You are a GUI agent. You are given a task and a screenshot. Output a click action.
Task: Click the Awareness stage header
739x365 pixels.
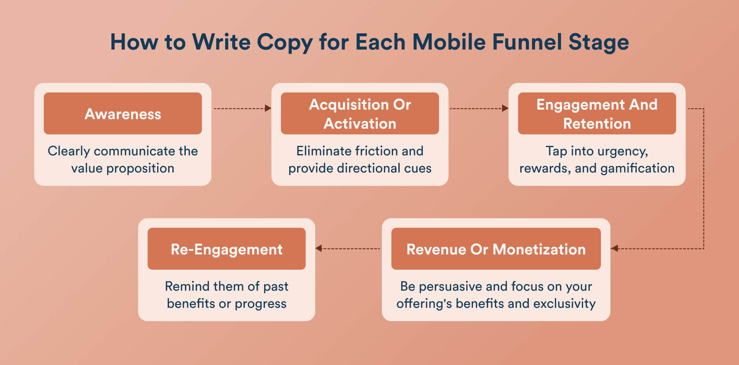(x=123, y=113)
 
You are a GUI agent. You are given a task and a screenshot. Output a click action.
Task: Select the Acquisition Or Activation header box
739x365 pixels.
(x=360, y=113)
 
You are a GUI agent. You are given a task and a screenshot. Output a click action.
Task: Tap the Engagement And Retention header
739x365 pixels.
(x=597, y=113)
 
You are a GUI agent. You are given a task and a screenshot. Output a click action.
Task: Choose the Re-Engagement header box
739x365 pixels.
(x=226, y=249)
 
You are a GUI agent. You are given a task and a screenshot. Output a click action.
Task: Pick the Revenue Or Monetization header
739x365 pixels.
(x=496, y=249)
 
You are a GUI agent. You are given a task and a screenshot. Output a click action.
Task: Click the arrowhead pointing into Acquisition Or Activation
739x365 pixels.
(x=268, y=108)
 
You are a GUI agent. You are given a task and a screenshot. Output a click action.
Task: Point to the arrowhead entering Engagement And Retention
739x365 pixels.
(x=505, y=108)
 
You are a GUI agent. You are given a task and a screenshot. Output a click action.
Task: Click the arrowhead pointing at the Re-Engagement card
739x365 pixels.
(x=319, y=248)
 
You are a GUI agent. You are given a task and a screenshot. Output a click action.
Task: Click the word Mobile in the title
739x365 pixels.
(x=449, y=42)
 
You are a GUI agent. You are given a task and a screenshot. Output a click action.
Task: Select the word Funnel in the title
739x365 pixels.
(x=527, y=42)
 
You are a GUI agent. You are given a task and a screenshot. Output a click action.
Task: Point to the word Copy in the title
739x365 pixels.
(x=285, y=43)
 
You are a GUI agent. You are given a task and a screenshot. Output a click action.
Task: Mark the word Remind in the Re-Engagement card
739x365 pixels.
(x=187, y=286)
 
